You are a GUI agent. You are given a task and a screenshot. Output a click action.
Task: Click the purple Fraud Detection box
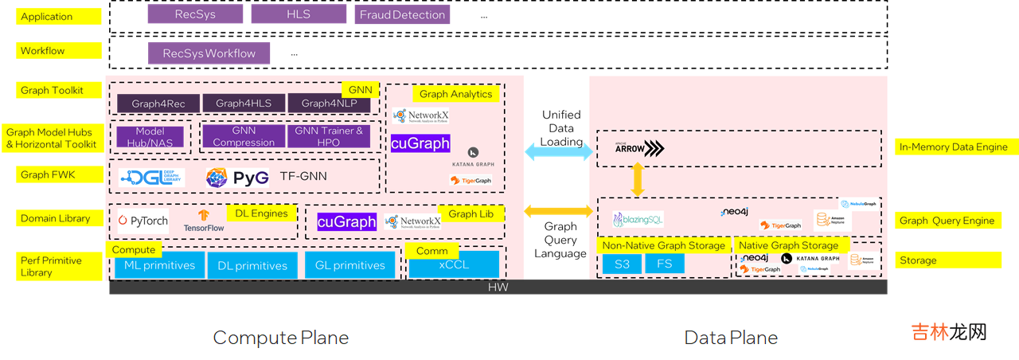(402, 14)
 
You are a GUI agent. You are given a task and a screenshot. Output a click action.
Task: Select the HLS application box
(299, 14)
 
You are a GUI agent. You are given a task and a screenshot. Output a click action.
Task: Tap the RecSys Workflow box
(209, 53)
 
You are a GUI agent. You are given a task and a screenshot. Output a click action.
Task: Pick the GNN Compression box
(244, 136)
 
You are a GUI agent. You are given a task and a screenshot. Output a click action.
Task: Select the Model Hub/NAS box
(150, 137)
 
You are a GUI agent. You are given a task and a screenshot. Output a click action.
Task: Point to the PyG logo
(236, 177)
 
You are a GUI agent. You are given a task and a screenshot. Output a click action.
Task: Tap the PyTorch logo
(143, 220)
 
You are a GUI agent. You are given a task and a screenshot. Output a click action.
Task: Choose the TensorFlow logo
(204, 221)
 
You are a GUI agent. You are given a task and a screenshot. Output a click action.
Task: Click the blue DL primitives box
(252, 265)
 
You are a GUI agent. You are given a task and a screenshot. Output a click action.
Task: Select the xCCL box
(454, 264)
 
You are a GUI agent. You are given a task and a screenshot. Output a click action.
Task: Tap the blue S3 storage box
(622, 264)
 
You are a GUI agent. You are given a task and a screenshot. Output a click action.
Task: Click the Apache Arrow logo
(640, 148)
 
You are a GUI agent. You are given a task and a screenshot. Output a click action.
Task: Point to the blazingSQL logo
(638, 219)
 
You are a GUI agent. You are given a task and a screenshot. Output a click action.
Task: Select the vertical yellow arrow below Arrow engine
(637, 180)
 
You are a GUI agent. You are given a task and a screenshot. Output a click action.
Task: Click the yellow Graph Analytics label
(455, 94)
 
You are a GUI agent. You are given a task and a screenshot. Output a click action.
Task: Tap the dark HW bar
(498, 287)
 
